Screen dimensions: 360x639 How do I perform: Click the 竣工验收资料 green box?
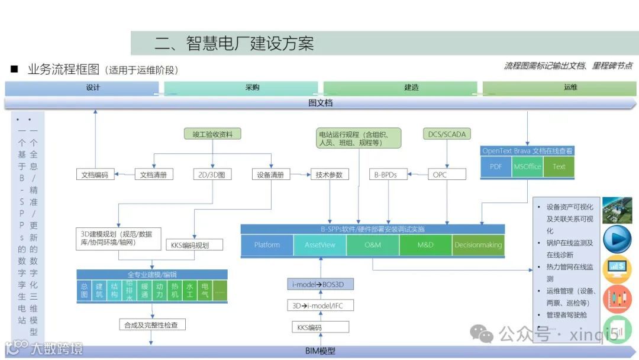coord(212,134)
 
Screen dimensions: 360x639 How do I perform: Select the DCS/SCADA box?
coord(447,134)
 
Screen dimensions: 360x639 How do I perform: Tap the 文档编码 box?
coord(96,175)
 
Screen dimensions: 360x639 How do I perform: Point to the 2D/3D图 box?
coord(212,175)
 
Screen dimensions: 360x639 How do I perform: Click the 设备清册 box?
coord(271,175)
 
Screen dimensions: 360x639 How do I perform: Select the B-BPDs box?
coord(388,175)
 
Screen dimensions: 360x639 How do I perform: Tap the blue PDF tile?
coord(496,166)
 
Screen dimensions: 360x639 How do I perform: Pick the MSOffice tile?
coord(527,166)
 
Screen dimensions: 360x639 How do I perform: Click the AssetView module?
coord(320,245)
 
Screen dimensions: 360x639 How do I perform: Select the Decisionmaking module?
coord(478,245)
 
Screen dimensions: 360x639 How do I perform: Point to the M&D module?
coord(425,245)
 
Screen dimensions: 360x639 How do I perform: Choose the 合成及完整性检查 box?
coord(152,324)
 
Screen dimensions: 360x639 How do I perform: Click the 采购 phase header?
coord(253,88)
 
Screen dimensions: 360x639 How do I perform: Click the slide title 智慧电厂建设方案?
coord(234,43)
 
